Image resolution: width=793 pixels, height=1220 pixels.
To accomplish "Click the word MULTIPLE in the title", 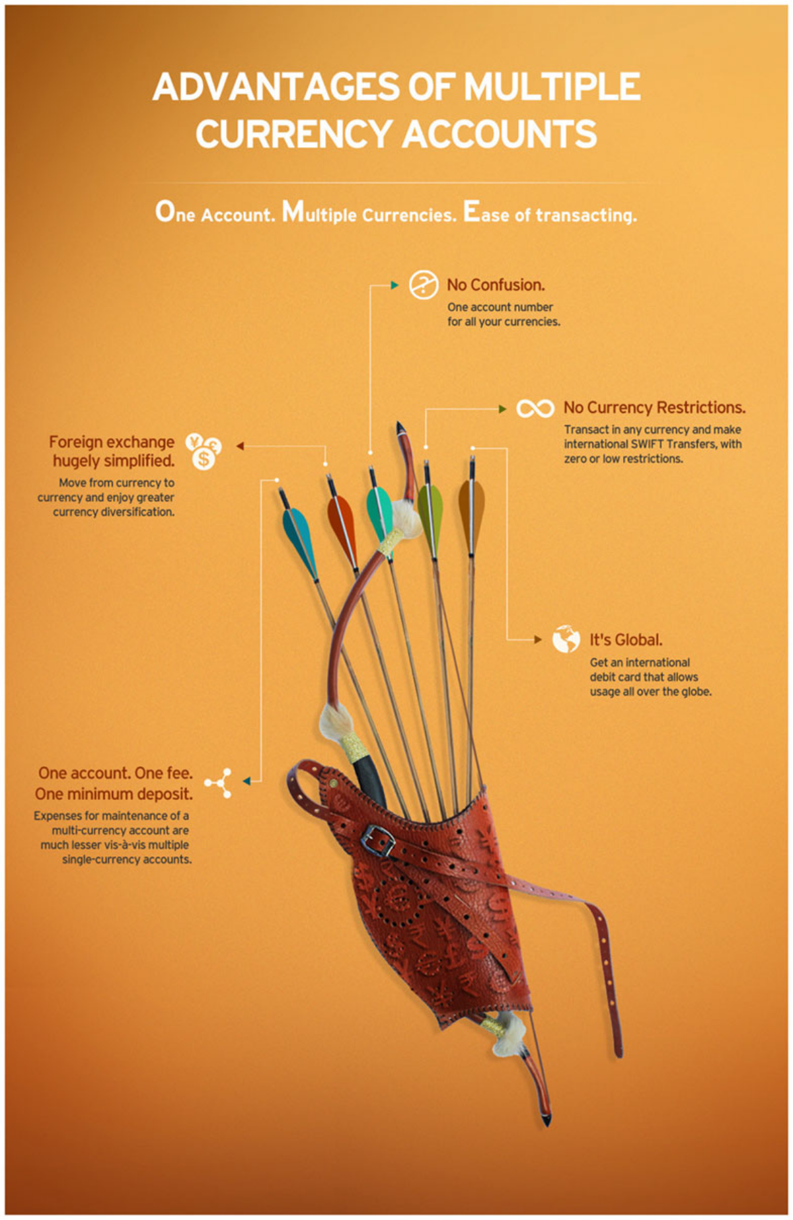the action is [552, 87].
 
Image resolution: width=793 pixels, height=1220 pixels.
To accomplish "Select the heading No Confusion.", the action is [496, 285].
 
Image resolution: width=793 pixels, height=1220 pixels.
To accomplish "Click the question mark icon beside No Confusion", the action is [423, 285].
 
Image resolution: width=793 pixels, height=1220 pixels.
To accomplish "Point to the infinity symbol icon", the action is [535, 408].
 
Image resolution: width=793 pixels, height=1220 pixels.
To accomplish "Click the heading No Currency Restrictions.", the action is [654, 408].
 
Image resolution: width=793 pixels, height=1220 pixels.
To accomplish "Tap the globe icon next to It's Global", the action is [566, 639].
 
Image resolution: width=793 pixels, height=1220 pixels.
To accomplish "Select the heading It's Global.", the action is [626, 639].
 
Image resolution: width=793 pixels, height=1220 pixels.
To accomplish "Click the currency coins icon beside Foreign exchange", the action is [204, 451].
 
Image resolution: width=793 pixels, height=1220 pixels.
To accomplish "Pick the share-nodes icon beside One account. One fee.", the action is [219, 783].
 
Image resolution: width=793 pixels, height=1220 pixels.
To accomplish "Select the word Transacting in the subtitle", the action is [586, 215].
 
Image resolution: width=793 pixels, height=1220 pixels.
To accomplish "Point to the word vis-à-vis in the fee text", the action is [126, 845].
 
